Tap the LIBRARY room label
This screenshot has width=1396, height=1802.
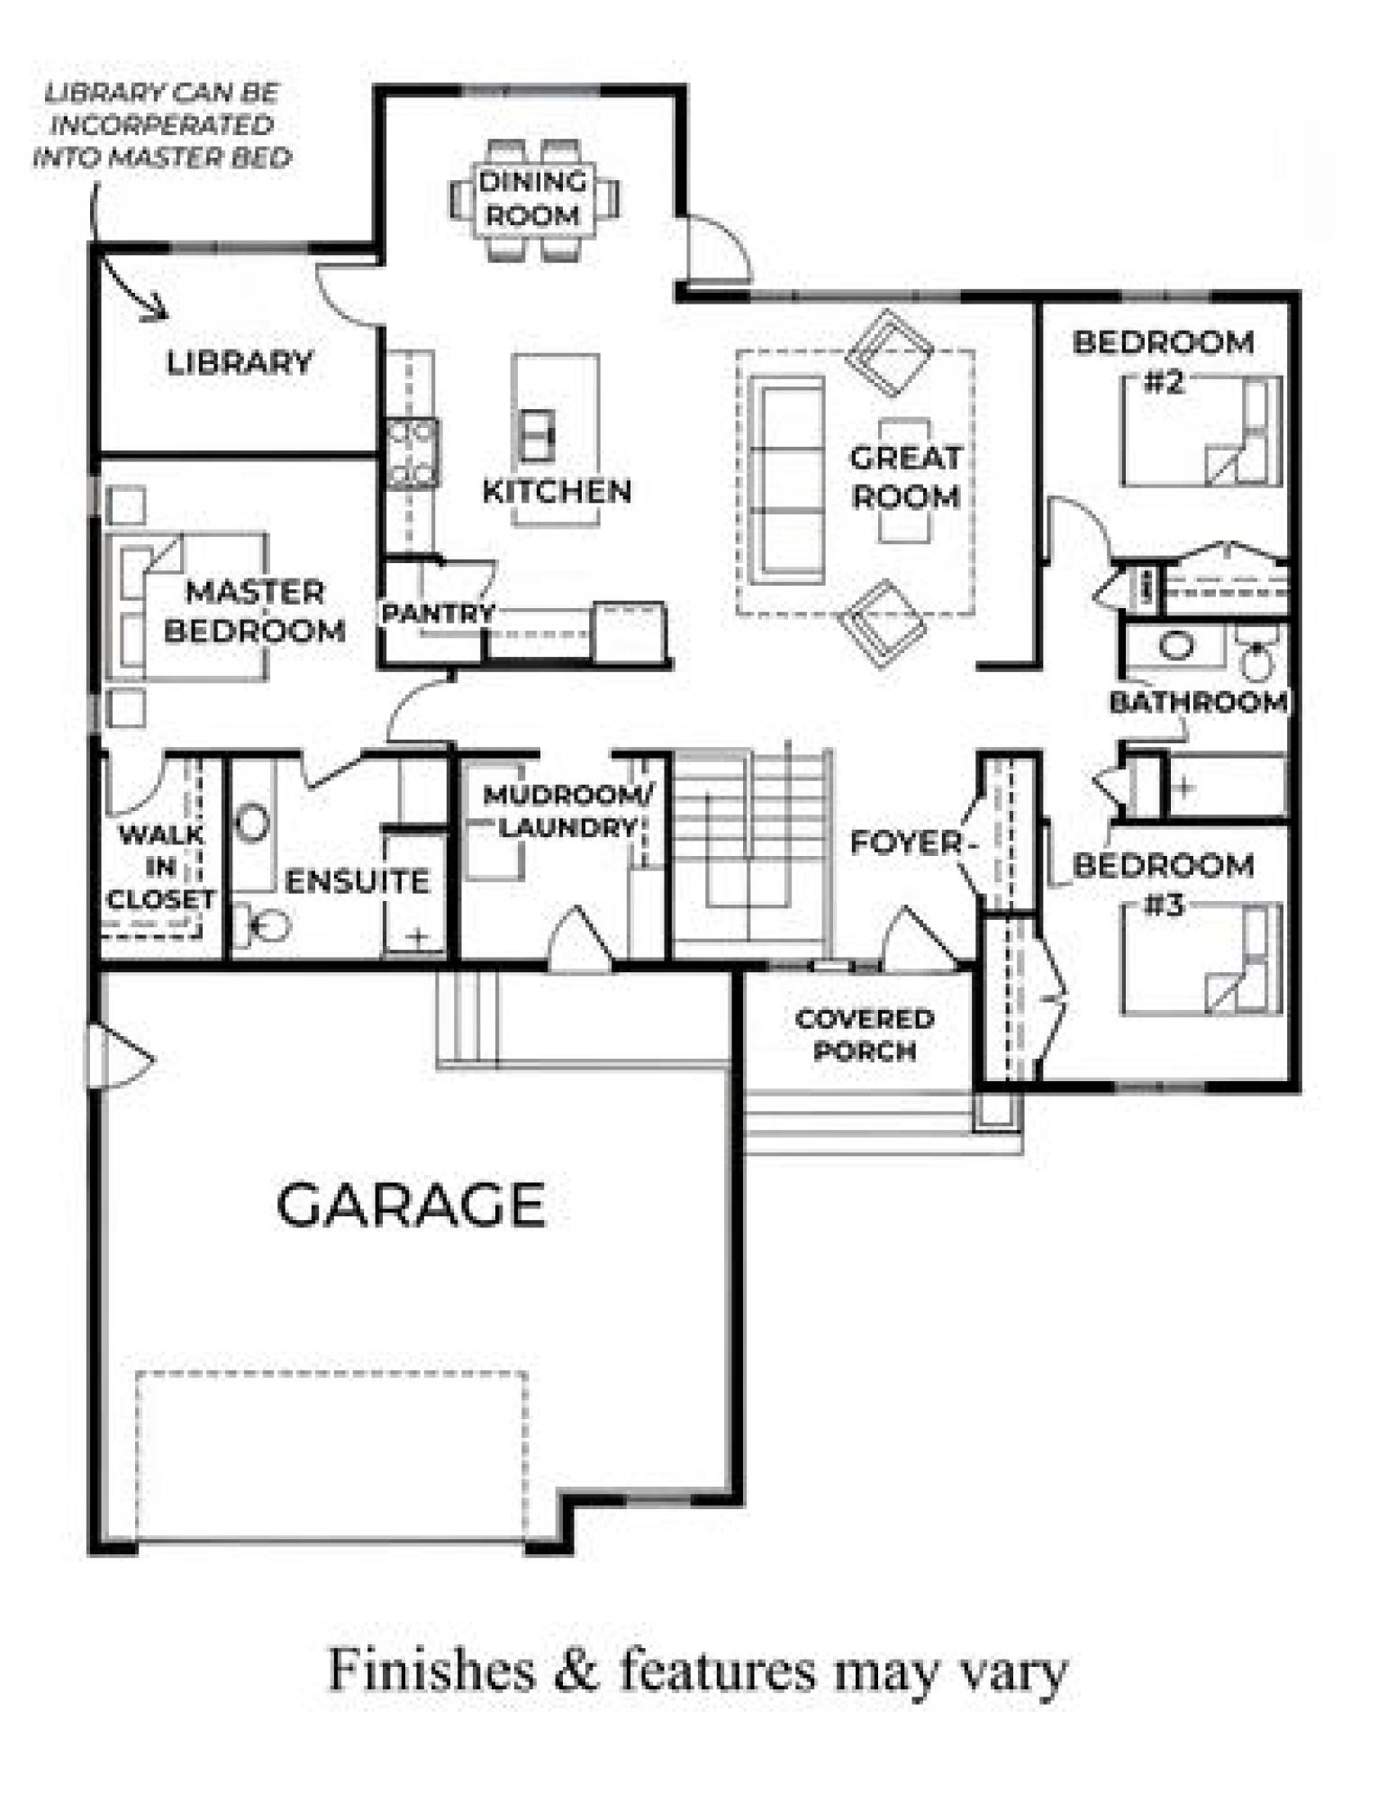[x=240, y=362]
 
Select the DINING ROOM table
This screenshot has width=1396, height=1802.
[x=533, y=199]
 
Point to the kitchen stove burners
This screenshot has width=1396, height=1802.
[x=412, y=453]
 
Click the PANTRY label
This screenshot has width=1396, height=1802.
[x=438, y=614]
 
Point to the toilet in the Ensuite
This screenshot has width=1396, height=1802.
[x=263, y=924]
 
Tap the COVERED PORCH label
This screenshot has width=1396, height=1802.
[x=864, y=1035]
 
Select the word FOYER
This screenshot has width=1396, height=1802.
[x=906, y=843]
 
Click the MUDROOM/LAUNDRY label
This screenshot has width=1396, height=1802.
[x=569, y=811]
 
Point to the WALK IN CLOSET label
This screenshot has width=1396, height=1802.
[x=160, y=867]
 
